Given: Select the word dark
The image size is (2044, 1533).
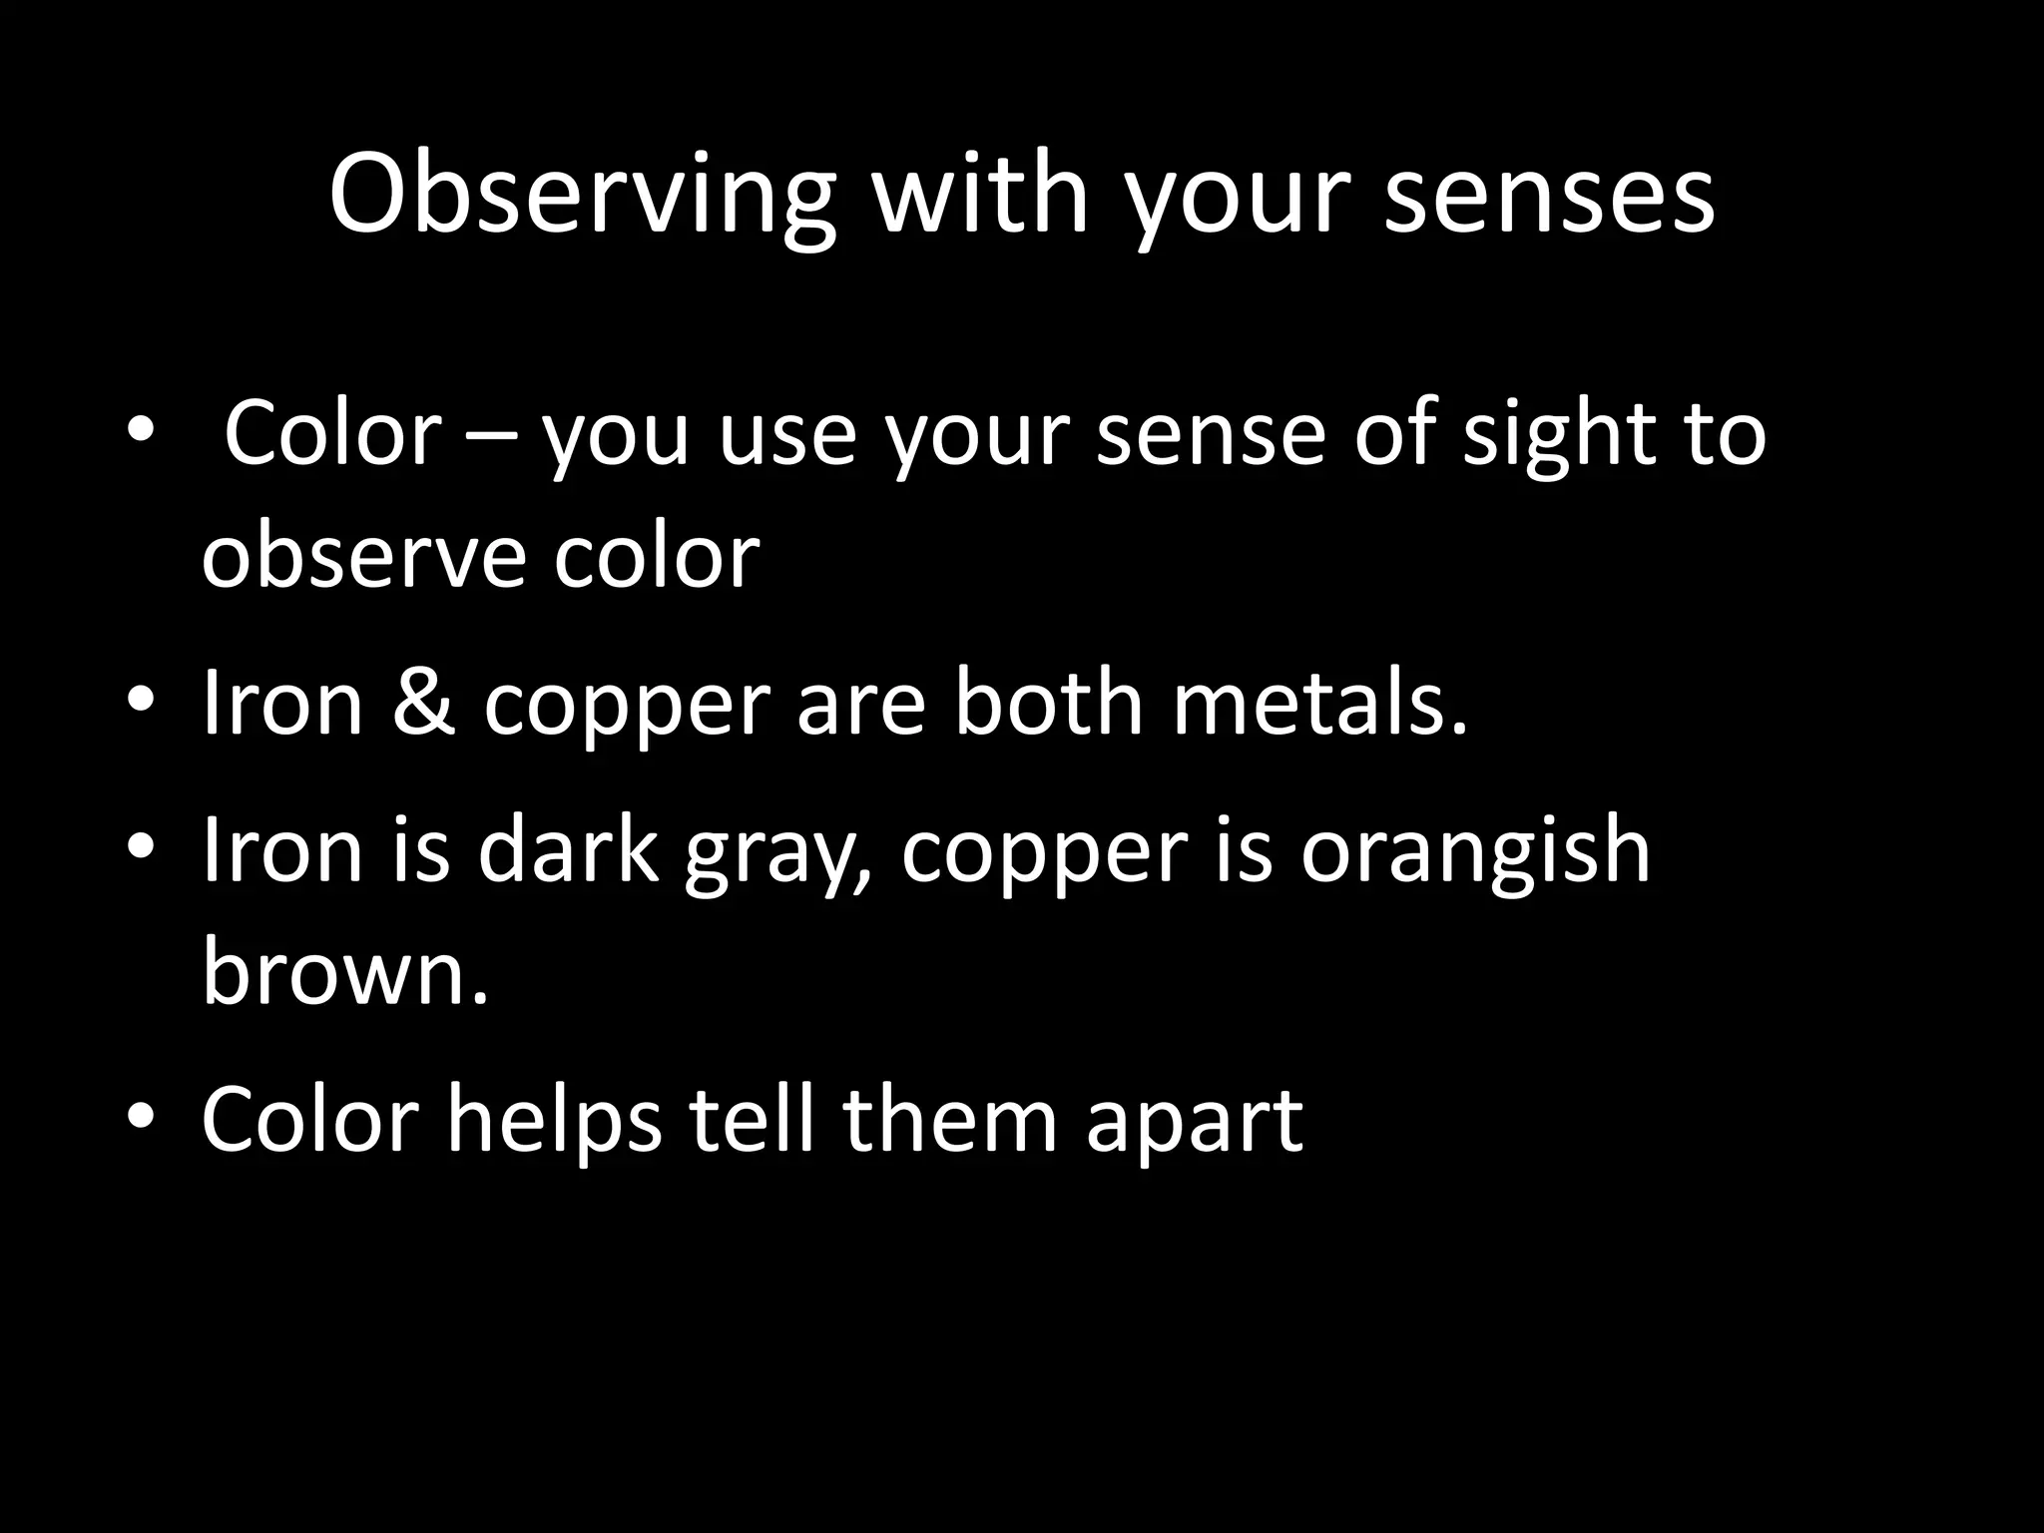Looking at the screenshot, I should point(568,850).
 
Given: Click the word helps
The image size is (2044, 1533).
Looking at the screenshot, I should point(553,1122).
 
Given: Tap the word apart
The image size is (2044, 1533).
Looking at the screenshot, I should point(1194,1122).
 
